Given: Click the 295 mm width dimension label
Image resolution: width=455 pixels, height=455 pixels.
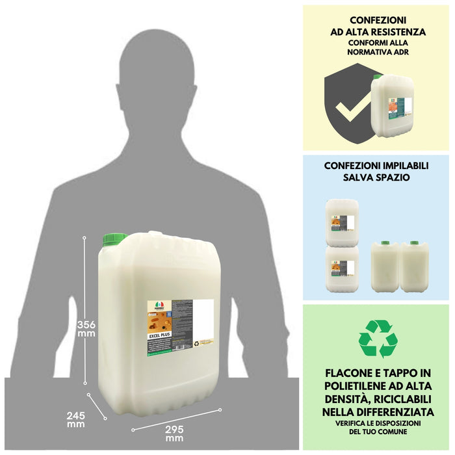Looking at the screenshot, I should [x=174, y=433].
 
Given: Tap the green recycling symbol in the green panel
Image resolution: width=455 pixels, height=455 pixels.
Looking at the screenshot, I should [x=378, y=338].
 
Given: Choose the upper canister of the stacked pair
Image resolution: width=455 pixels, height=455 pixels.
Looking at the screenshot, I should [x=343, y=222].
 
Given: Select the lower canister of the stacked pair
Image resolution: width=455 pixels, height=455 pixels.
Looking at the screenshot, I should [x=343, y=268].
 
